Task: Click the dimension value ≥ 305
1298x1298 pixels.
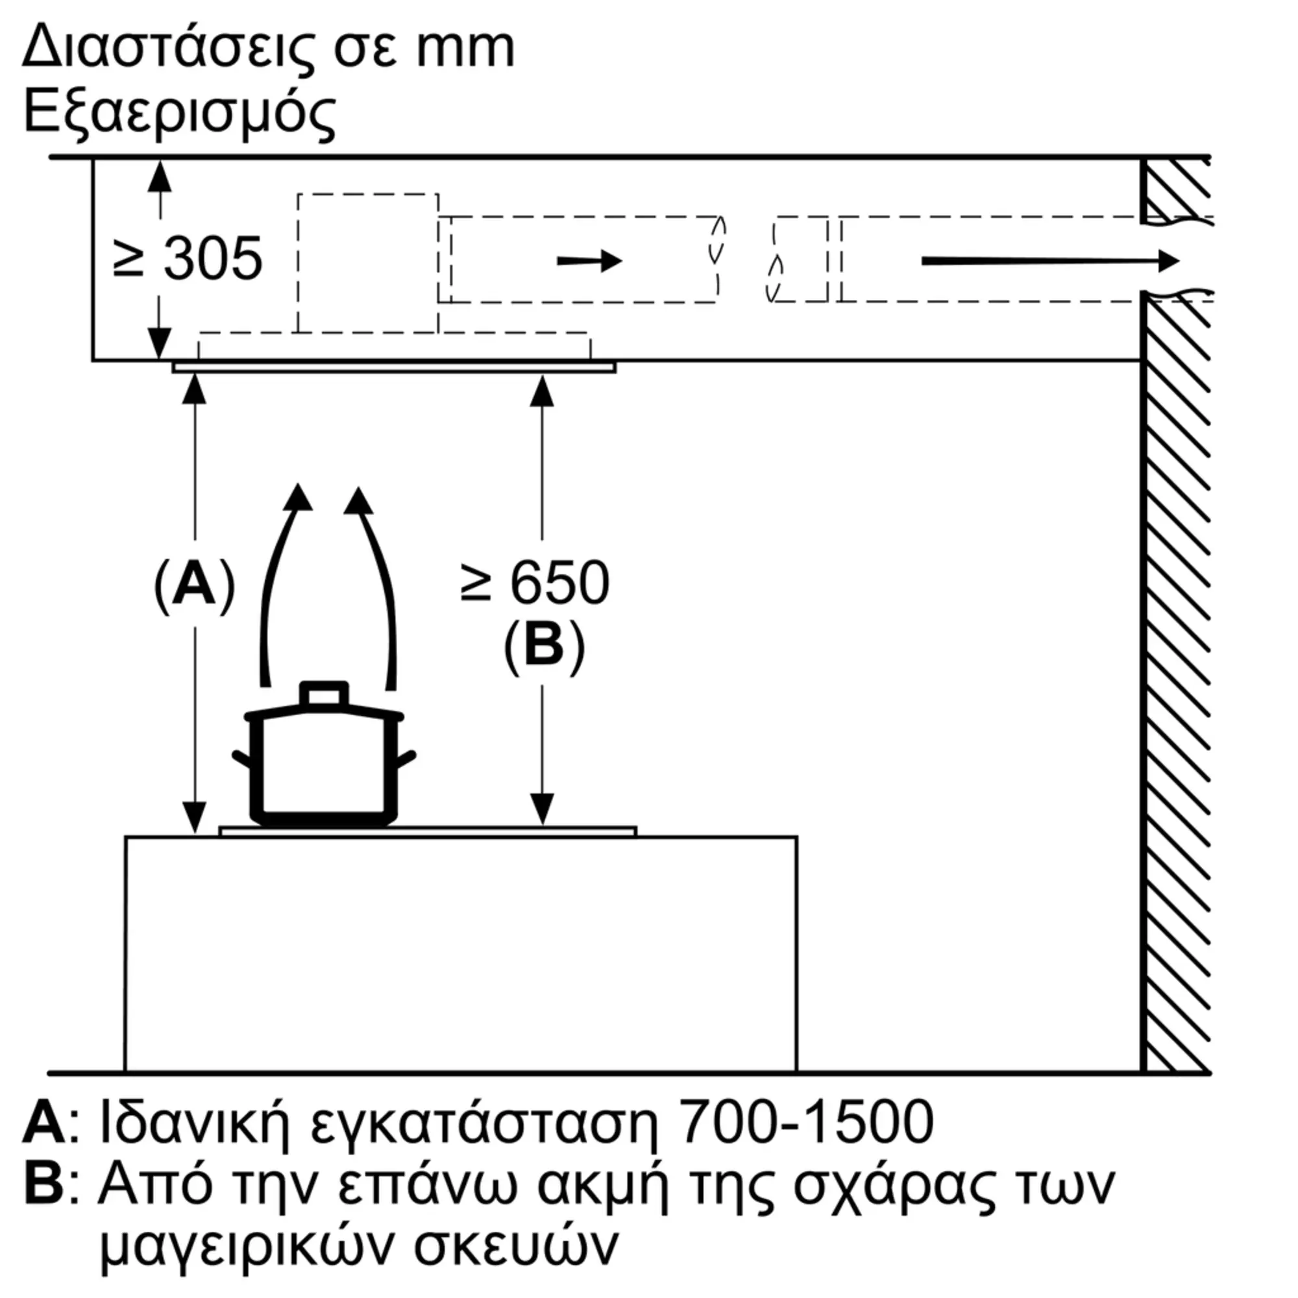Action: [188, 259]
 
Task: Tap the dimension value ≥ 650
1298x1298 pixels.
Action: [535, 583]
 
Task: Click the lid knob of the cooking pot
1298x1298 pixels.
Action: [324, 694]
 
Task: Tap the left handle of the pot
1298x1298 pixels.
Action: [243, 759]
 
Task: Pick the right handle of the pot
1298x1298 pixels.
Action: [405, 759]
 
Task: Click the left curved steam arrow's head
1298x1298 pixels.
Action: [298, 498]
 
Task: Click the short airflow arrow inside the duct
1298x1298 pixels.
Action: [590, 261]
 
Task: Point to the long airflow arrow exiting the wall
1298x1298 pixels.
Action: [1050, 261]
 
